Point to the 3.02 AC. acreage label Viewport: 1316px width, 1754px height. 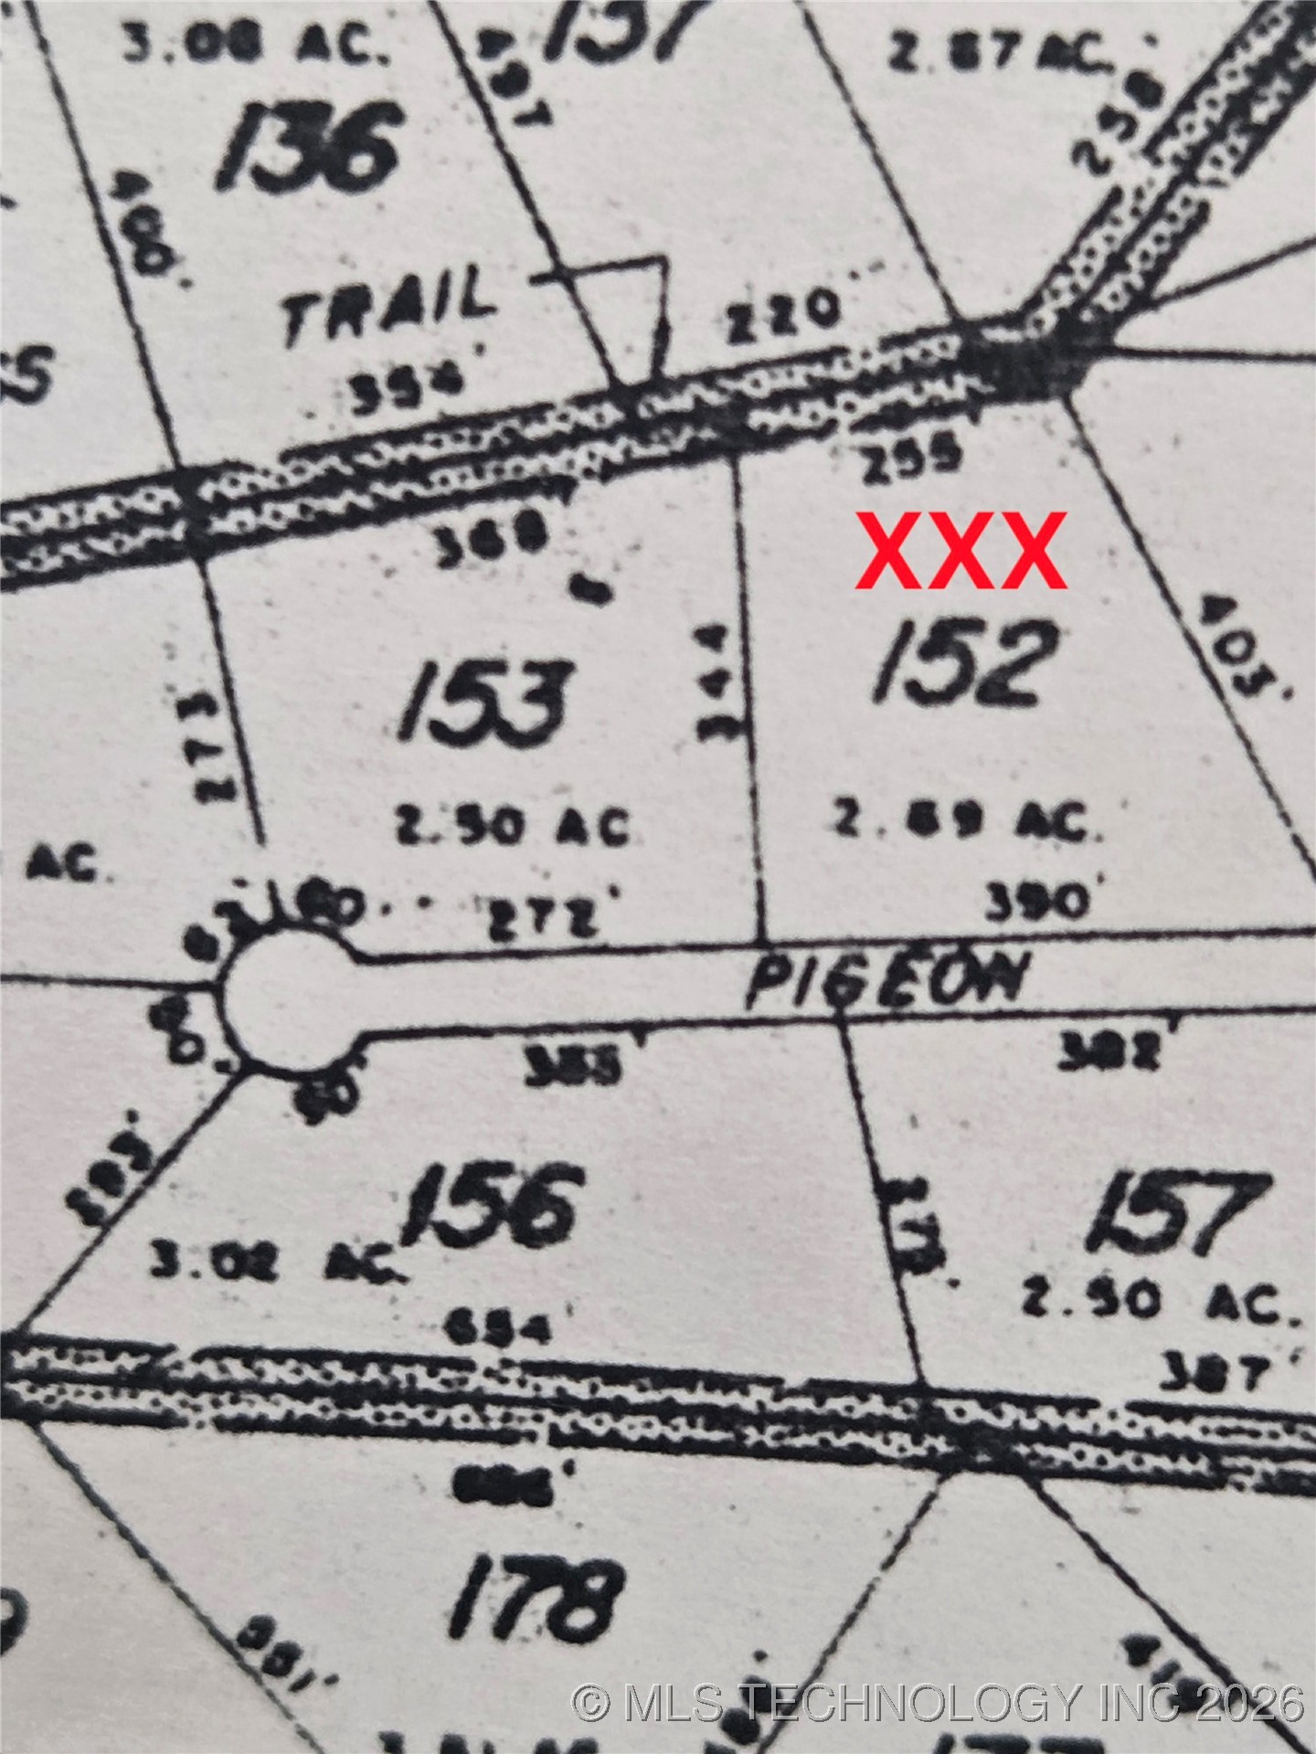[x=274, y=1265]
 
